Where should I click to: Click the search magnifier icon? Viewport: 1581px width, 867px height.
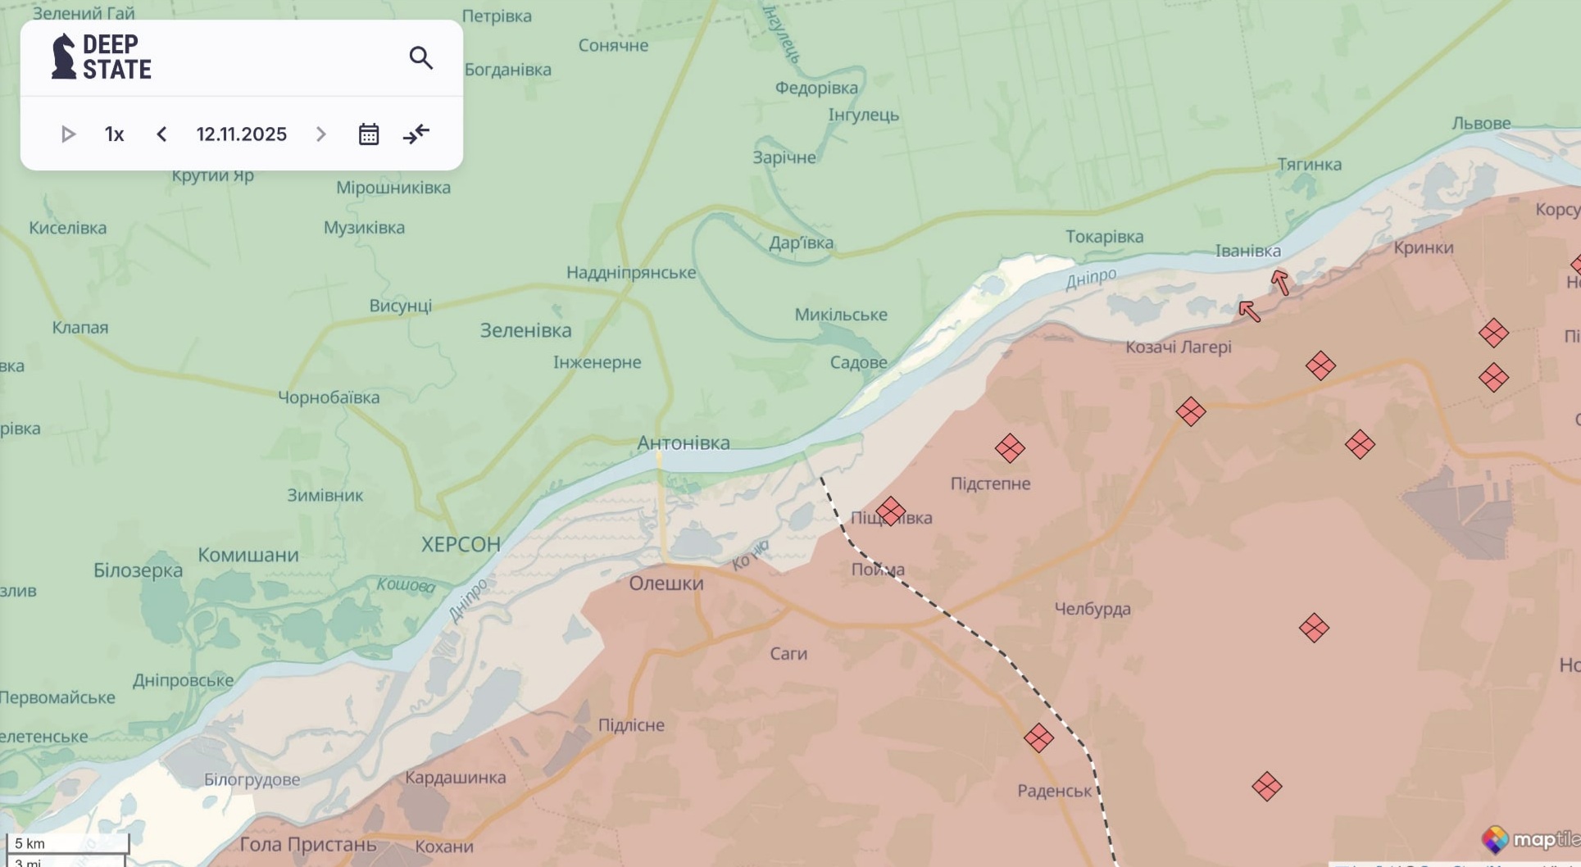coord(420,58)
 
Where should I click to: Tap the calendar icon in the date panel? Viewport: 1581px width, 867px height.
coord(369,134)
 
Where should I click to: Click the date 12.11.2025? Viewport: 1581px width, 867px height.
coord(241,134)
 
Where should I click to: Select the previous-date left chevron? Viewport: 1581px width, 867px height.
coord(161,134)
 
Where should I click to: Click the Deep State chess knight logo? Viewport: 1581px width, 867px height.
coord(63,57)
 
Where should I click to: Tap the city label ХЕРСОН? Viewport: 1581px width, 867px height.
coord(461,544)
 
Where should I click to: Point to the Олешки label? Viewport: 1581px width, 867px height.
coord(666,583)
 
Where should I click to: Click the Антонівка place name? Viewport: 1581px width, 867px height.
coord(683,443)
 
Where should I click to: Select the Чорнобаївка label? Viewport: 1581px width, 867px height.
coord(329,397)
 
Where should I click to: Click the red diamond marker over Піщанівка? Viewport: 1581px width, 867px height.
coord(890,511)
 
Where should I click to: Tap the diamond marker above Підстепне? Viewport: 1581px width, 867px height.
coord(1010,448)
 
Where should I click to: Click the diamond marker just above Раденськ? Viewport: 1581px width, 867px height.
coord(1038,738)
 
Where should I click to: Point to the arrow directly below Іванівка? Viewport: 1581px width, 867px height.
coord(1280,282)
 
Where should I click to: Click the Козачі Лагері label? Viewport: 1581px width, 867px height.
coord(1178,347)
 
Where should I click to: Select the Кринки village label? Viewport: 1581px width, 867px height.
coord(1423,247)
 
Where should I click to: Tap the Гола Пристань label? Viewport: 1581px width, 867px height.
coord(308,844)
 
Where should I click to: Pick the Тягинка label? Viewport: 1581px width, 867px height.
coord(1309,165)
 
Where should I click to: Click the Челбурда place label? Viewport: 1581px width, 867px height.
coord(1092,609)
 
